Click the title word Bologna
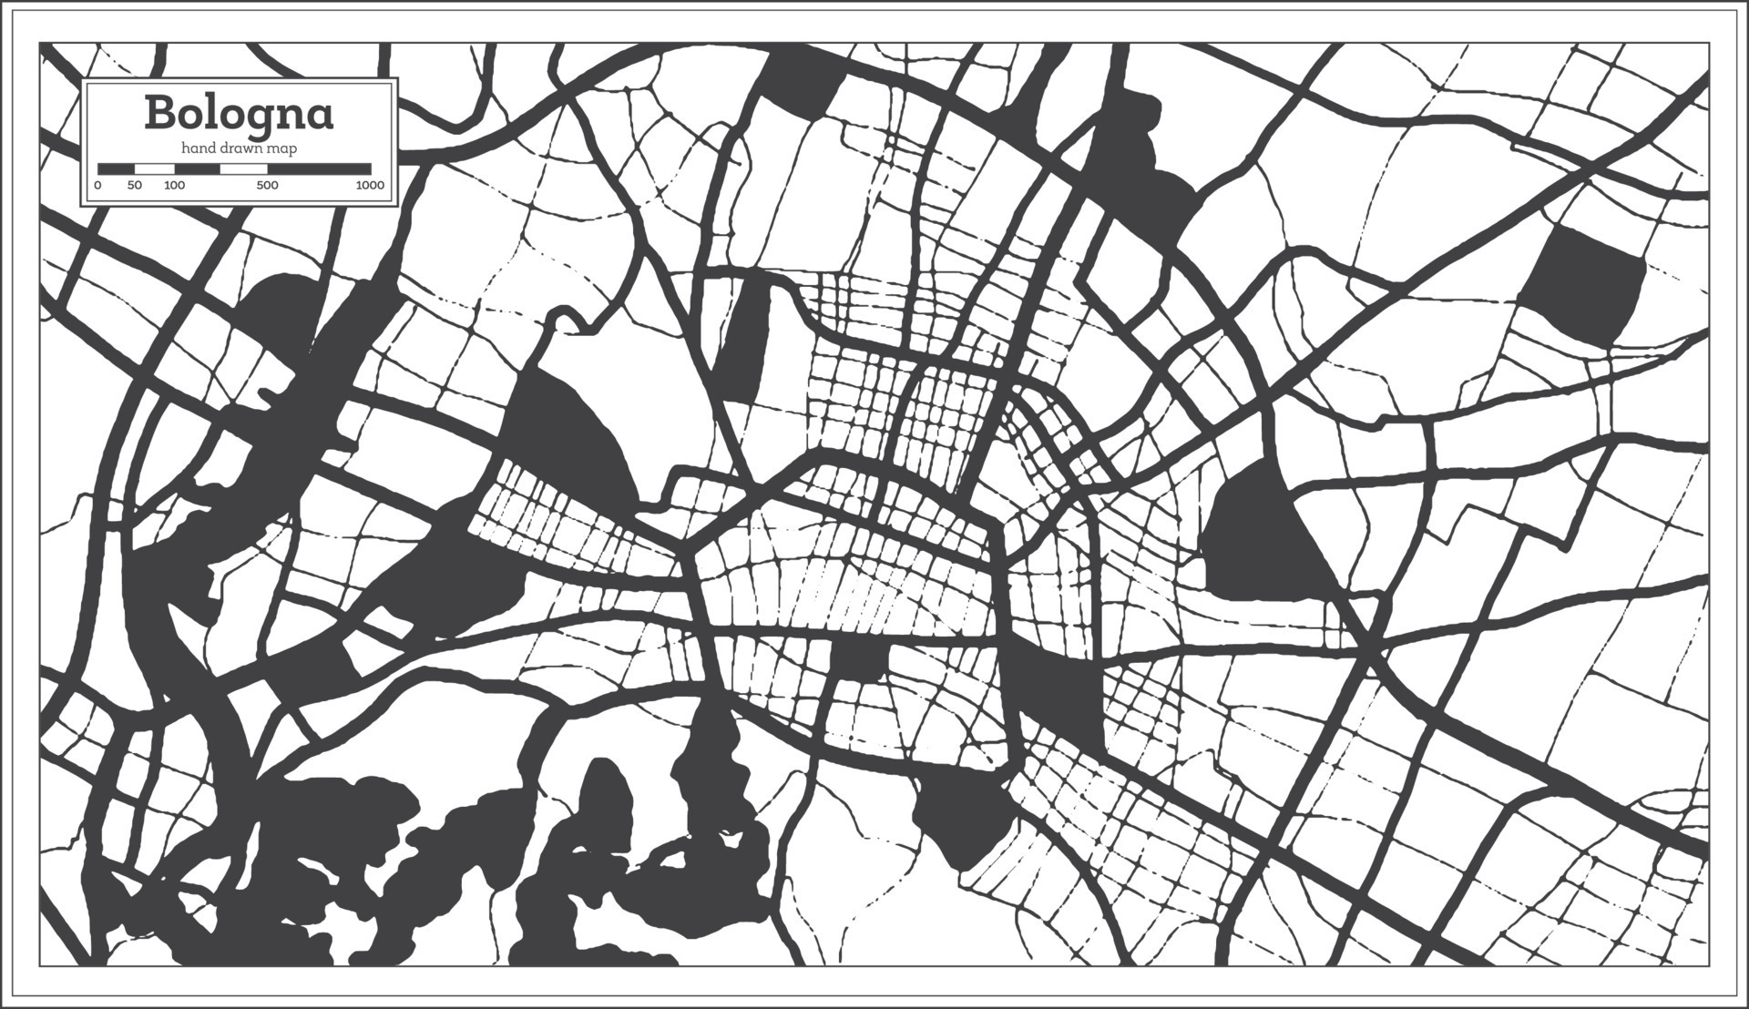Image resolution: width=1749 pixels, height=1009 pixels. click(x=239, y=115)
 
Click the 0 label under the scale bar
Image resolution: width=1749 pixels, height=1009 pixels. click(x=97, y=186)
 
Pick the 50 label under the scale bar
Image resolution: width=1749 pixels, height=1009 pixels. click(x=135, y=186)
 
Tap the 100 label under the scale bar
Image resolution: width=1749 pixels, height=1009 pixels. click(x=174, y=186)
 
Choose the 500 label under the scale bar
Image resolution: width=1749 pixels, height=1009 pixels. click(x=267, y=186)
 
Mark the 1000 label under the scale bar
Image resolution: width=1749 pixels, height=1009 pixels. click(x=370, y=186)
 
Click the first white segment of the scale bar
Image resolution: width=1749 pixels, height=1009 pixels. click(x=154, y=168)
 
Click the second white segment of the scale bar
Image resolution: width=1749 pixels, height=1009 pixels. click(x=242, y=168)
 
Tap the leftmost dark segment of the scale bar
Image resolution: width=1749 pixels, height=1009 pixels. click(x=116, y=168)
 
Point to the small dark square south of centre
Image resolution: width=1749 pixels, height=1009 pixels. click(x=858, y=661)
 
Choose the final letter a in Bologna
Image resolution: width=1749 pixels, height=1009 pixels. click(x=319, y=117)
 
